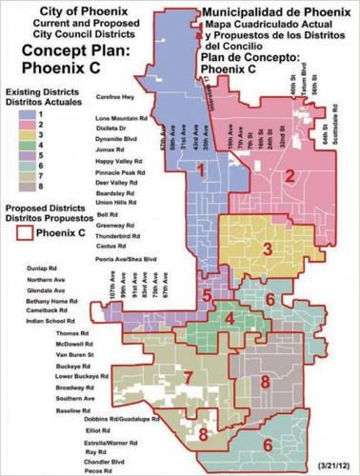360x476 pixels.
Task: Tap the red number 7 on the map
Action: point(189,378)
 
